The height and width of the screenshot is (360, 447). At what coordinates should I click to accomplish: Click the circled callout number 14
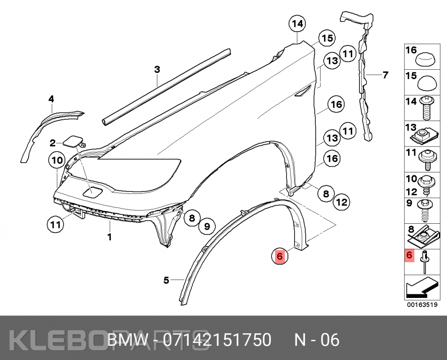coord(297,24)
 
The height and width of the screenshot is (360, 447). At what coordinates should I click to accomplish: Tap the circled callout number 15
coord(327,38)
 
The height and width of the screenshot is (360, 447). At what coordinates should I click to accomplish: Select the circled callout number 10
coord(57,160)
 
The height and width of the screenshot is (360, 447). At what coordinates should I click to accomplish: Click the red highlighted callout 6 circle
coord(279,256)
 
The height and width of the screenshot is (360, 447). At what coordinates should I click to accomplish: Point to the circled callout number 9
coord(207,226)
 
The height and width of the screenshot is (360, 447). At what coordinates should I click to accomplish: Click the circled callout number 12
coord(342,202)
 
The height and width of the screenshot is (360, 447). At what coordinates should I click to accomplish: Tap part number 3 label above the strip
coord(157,69)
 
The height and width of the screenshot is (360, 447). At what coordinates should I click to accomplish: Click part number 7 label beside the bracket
coord(385,75)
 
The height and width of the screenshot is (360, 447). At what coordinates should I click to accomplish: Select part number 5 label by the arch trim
coord(166,280)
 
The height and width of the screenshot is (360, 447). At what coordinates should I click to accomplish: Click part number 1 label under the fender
coord(110,237)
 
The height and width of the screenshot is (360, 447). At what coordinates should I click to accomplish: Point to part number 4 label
coord(51,99)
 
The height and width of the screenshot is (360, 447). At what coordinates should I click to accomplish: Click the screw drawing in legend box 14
coord(427,108)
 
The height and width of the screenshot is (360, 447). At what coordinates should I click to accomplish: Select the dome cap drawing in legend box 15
coord(427,83)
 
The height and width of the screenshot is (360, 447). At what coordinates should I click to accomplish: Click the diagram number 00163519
coord(422,305)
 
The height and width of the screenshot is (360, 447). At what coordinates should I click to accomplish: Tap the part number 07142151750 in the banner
coord(217,340)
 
